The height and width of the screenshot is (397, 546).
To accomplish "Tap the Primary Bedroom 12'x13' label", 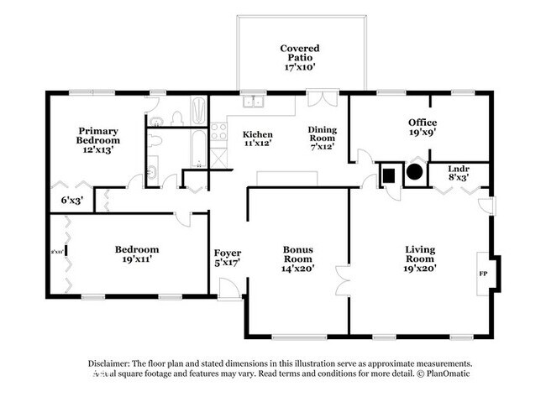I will (x=98, y=141).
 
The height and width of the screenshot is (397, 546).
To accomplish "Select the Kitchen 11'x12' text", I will (x=257, y=140).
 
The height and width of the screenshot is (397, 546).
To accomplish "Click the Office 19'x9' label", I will (x=422, y=127).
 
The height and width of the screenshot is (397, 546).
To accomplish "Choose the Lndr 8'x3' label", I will (x=458, y=173).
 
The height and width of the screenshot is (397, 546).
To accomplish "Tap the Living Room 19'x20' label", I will (x=420, y=254).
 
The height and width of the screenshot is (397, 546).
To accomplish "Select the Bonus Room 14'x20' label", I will (x=298, y=255).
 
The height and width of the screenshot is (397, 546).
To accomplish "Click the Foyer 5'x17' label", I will (x=228, y=259).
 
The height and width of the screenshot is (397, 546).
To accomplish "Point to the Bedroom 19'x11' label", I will (x=137, y=254).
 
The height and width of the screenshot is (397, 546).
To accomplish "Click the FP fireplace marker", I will (x=483, y=274).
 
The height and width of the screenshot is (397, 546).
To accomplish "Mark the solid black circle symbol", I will (x=415, y=175).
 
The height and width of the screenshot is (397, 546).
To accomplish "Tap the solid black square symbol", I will (x=390, y=175).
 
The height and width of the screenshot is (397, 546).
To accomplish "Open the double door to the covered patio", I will (x=321, y=97).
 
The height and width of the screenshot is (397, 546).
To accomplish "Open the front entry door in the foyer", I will (x=228, y=290).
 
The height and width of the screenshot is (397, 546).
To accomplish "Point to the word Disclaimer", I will (x=113, y=363).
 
